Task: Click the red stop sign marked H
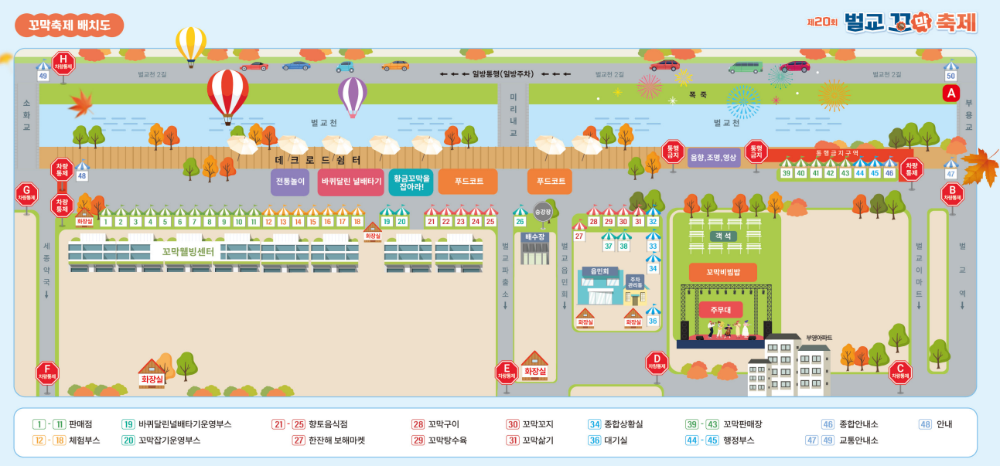[63, 62]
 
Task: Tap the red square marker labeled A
[951, 94]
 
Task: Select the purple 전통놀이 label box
[290, 182]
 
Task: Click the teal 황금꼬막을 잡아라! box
[411, 182]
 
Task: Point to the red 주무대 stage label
[710, 309]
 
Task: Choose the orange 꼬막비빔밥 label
[722, 272]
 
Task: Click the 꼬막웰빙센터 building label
[189, 250]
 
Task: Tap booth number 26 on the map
[520, 222]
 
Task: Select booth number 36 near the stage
[653, 321]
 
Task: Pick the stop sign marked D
[657, 362]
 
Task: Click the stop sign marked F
[47, 372]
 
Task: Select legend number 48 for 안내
[925, 423]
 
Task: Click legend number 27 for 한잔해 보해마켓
[299, 440]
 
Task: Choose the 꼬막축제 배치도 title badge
[70, 25]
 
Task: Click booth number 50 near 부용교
[951, 76]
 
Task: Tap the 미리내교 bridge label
[512, 114]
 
